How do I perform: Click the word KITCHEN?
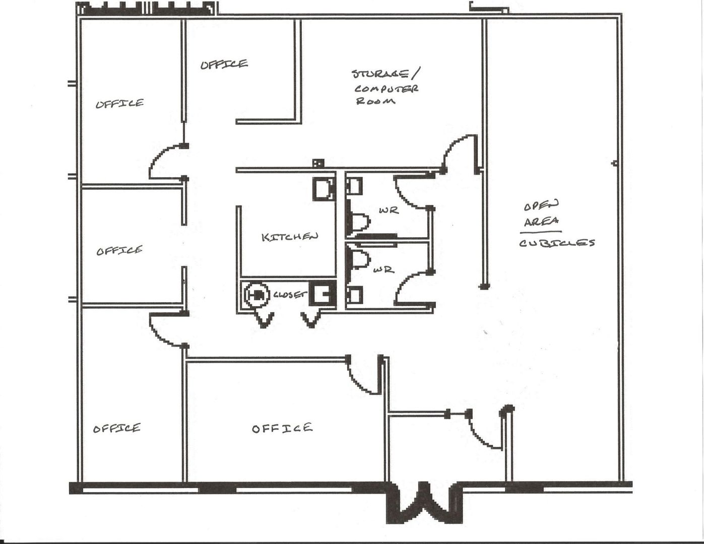(290, 236)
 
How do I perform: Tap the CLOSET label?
(290, 295)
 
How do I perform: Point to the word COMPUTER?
(387, 89)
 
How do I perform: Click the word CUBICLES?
(557, 243)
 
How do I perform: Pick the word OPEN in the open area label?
(541, 206)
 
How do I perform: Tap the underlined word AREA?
(541, 222)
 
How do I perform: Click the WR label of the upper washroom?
(389, 210)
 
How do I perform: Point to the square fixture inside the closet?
(322, 294)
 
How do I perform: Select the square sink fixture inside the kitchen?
(322, 189)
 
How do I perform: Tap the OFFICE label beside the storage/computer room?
(224, 64)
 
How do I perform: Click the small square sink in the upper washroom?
(354, 187)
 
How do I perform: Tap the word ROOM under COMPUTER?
(375, 101)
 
